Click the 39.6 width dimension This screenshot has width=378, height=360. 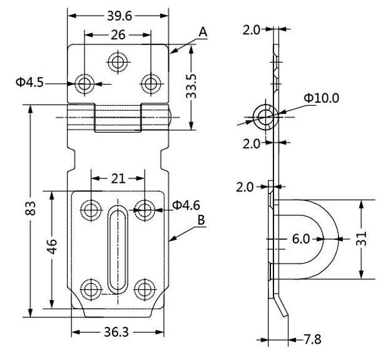point(118,14)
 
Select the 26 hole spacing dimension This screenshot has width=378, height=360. point(116,36)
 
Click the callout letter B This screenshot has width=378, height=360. point(201,220)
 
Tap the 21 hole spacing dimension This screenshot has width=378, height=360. point(118,179)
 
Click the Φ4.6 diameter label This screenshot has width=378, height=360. point(185,205)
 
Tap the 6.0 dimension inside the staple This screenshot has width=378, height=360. point(300,239)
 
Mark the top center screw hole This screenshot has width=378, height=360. point(117,61)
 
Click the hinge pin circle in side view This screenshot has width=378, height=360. point(265,114)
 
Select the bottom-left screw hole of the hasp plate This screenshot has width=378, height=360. point(91,288)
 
